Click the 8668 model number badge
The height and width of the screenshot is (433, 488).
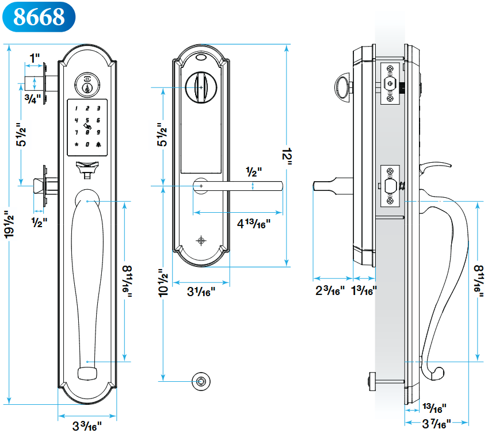pos(38,17)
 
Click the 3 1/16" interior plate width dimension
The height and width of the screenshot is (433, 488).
pos(201,292)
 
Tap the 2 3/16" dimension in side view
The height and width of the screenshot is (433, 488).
pos(330,290)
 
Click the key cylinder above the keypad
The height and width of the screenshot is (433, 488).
pos(87,87)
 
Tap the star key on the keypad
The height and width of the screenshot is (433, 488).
pos(75,144)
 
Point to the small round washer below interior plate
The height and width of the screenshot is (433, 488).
pos(201,380)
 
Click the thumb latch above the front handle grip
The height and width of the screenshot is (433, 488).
pos(87,168)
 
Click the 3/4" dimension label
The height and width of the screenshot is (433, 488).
pos(33,97)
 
